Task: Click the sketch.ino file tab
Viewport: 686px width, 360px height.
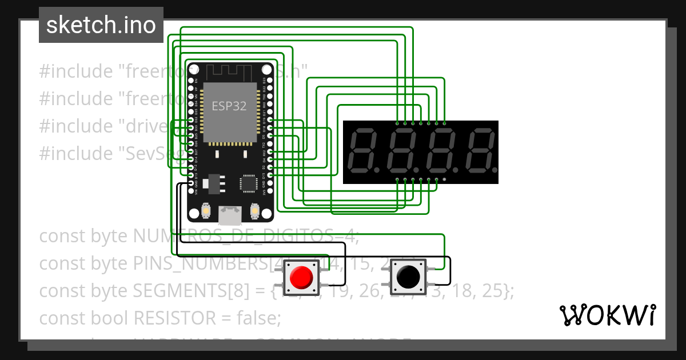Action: (101, 25)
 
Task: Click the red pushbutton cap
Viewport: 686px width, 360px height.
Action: (301, 278)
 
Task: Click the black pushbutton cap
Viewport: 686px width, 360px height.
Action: (408, 278)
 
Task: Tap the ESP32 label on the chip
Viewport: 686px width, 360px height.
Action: (229, 106)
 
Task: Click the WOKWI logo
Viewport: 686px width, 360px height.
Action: (607, 315)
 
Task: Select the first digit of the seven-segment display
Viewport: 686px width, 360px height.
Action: (364, 152)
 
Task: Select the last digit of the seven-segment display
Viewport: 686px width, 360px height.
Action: (480, 152)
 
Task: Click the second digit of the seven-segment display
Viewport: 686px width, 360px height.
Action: (402, 152)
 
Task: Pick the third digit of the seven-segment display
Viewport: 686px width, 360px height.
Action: (441, 152)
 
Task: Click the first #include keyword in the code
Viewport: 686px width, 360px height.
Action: (76, 71)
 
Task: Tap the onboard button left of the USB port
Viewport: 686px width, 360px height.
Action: (205, 212)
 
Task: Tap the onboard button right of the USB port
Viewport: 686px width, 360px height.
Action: (256, 212)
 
